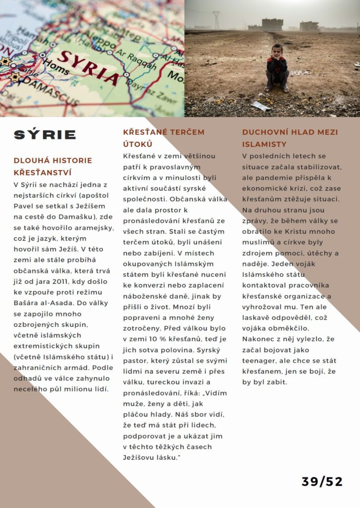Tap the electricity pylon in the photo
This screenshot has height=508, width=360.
216,20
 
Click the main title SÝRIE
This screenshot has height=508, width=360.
45,134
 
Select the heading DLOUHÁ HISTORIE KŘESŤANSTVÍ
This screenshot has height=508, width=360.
53,166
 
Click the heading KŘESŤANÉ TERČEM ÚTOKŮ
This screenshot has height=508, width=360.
164,138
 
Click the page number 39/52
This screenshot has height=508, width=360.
322,481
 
